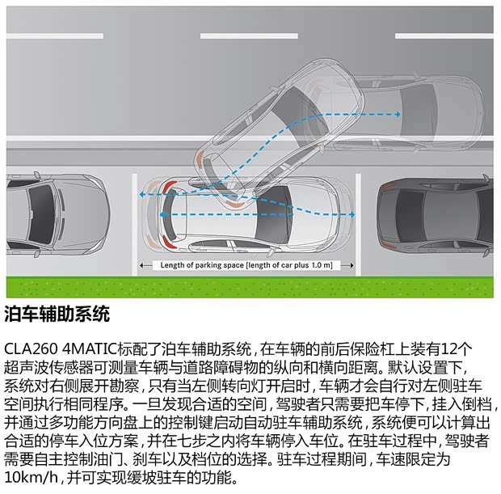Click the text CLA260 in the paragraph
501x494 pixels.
point(31,348)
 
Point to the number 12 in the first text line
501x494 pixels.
point(457,348)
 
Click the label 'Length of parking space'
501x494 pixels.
point(197,265)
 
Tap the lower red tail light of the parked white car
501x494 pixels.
point(167,242)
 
